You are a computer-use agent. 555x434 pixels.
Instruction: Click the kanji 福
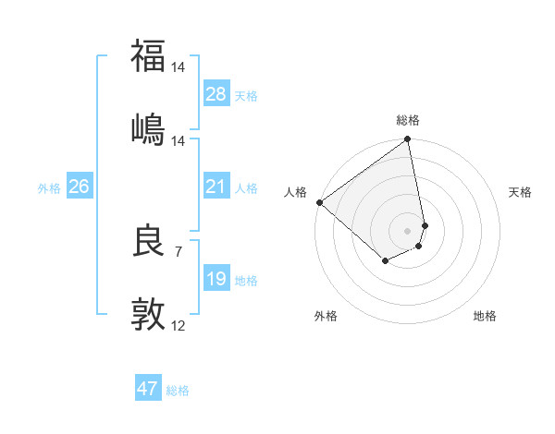tap(148, 56)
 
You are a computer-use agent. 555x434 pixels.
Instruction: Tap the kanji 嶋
tap(148, 129)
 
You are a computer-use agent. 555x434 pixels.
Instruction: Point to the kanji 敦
tap(148, 315)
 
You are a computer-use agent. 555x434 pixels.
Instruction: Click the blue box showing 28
tap(216, 94)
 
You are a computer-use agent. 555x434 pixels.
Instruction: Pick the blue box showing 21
tap(216, 187)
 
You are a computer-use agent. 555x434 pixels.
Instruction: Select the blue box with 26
tap(79, 187)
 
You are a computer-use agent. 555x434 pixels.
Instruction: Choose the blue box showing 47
tap(148, 389)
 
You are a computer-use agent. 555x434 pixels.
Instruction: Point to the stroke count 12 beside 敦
tap(179, 325)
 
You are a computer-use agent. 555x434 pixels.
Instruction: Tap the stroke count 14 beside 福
tap(179, 66)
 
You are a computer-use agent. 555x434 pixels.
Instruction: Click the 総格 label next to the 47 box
tap(179, 391)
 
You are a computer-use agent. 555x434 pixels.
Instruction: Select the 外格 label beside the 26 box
tap(49, 188)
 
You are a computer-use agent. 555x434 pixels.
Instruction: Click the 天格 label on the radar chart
tap(520, 192)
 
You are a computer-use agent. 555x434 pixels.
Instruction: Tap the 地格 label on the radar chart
tap(485, 316)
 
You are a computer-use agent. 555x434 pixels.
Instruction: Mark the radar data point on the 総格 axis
tap(407, 140)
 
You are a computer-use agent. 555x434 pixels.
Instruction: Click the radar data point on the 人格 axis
tap(319, 202)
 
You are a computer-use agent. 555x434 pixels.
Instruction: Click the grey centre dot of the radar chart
tap(408, 230)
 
